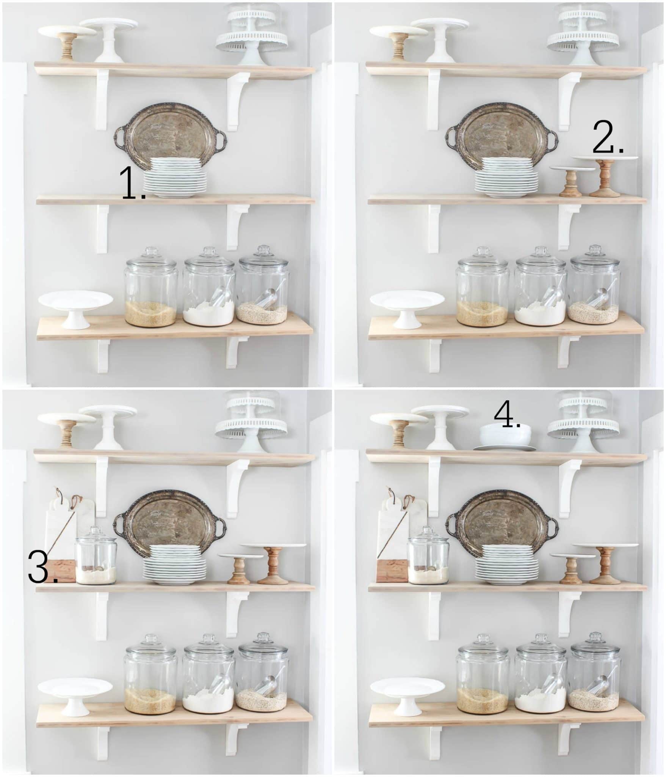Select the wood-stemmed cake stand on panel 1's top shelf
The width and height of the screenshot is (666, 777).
click(67, 42)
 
